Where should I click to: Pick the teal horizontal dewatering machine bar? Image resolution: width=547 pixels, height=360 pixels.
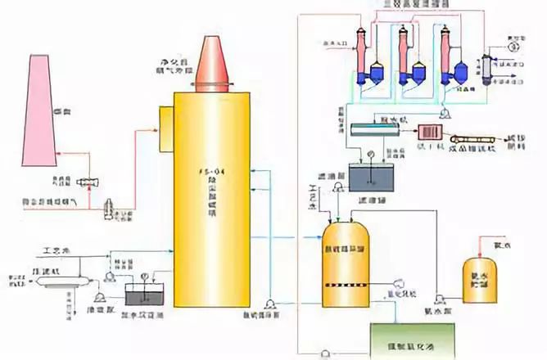click(x=382, y=128)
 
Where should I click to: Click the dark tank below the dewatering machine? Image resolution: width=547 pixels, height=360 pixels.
click(x=371, y=175)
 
